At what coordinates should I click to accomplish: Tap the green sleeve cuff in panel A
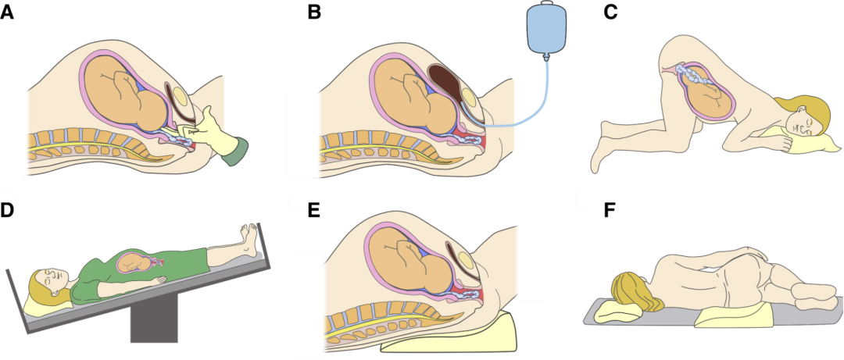[234, 150]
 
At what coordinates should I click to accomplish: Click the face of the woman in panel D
[48, 279]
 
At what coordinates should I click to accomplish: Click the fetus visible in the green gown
[134, 262]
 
